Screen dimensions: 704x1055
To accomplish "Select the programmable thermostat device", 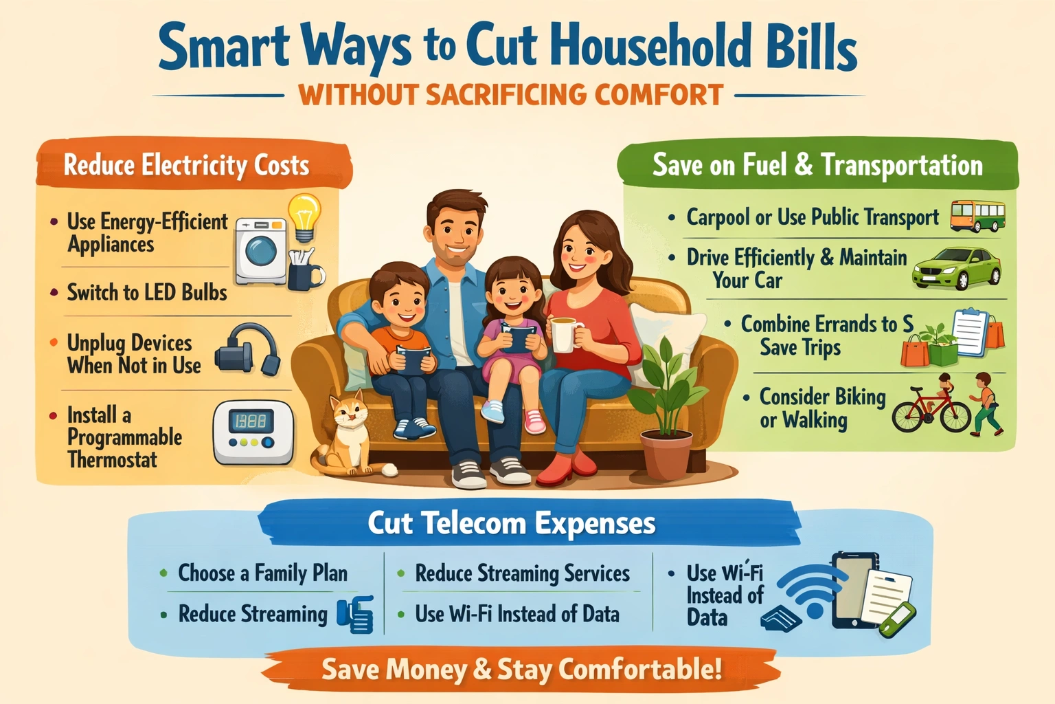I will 253,432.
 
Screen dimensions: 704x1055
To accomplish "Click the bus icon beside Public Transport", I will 977,216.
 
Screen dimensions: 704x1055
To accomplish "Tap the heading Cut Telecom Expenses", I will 512,524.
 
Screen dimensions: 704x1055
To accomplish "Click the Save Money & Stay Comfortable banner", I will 522,669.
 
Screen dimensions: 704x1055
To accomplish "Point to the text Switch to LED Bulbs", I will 147,292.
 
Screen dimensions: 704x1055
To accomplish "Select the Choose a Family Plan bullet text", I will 262,573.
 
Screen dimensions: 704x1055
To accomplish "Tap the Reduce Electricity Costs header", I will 186,165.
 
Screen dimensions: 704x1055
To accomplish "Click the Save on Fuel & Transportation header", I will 817,165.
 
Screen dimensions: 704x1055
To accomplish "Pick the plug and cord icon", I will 247,350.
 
